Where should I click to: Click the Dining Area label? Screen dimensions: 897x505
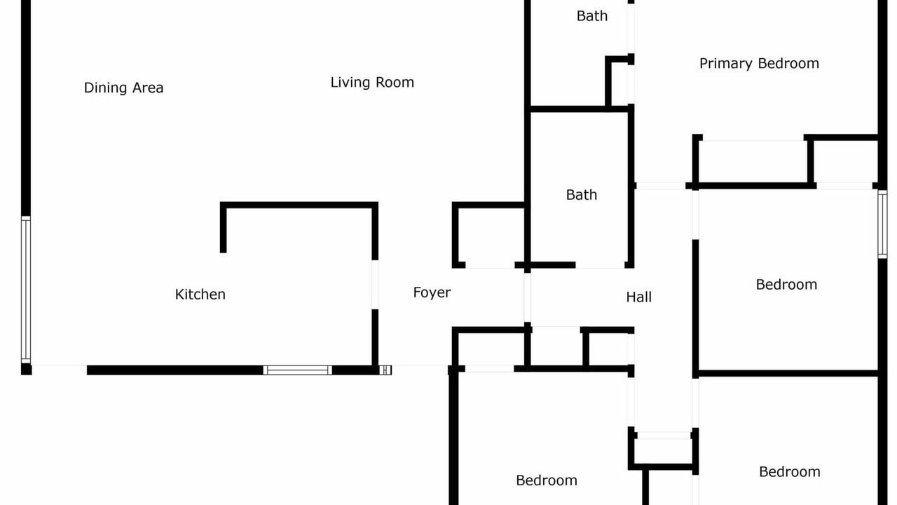(124, 88)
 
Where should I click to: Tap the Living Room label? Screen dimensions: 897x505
(372, 83)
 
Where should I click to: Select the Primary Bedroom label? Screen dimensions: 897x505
(759, 64)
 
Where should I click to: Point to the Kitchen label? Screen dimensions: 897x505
(200, 295)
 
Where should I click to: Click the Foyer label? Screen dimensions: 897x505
(432, 292)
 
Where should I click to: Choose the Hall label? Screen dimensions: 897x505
(638, 297)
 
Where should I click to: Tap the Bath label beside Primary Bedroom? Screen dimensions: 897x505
(592, 16)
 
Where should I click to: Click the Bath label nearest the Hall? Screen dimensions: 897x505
(582, 195)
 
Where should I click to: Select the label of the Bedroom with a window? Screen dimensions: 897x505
(786, 285)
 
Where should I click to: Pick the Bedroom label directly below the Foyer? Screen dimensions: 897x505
(547, 480)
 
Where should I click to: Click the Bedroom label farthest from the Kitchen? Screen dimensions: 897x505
(790, 472)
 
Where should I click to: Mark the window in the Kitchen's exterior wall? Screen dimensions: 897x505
(298, 370)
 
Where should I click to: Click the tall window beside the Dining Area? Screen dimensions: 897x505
(26, 290)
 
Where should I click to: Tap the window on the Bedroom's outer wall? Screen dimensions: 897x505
(882, 224)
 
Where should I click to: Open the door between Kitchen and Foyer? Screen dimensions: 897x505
(375, 285)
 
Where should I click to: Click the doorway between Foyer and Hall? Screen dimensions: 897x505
(528, 297)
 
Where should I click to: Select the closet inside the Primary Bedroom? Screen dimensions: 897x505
(753, 161)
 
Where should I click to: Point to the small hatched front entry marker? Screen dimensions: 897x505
(385, 370)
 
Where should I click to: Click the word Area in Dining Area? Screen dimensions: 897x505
(148, 88)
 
